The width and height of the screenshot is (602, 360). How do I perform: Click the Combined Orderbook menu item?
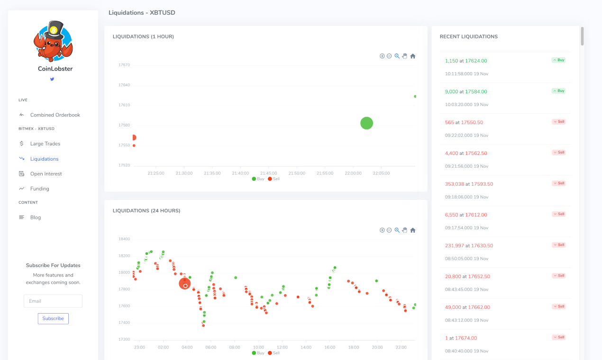(x=55, y=115)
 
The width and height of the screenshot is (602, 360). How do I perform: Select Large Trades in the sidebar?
(x=45, y=144)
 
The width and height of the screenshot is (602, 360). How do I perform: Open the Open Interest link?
(x=46, y=174)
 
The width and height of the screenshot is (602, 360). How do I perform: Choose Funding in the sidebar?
(x=39, y=189)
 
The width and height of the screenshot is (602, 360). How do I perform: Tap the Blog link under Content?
(x=36, y=217)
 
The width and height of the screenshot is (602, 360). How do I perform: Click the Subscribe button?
(x=53, y=318)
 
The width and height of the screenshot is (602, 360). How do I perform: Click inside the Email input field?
(x=53, y=301)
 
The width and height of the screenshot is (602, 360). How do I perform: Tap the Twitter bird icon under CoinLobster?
(x=52, y=79)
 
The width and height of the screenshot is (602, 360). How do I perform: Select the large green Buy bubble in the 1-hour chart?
(x=366, y=123)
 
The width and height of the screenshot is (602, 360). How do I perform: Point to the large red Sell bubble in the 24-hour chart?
(x=184, y=283)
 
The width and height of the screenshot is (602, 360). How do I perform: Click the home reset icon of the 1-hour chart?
(x=413, y=56)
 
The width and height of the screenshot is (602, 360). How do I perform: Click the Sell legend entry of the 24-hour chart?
(x=274, y=353)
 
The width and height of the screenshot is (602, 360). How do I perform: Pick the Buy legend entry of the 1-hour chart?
(x=258, y=179)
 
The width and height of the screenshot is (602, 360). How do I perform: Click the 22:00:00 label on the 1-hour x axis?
(x=353, y=173)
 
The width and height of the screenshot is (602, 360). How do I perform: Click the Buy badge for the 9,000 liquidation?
(x=558, y=90)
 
